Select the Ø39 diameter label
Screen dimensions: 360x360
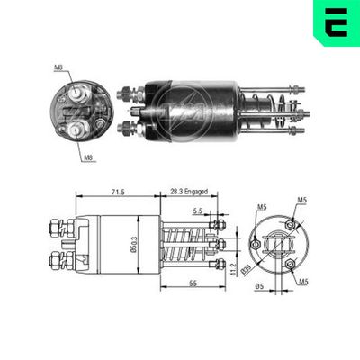(x=243, y=267)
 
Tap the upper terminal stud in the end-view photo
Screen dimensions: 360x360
(x=80, y=94)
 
